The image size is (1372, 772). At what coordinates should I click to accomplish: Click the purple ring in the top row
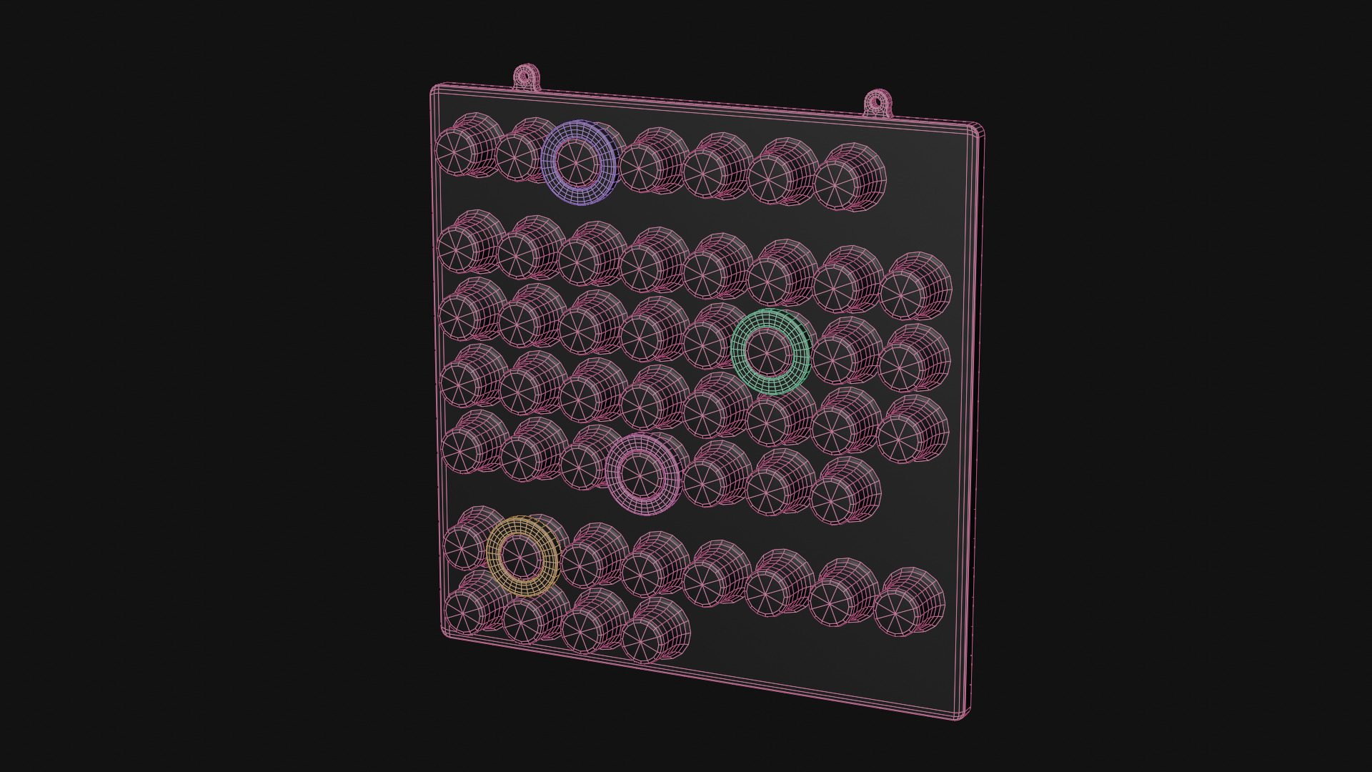(x=578, y=163)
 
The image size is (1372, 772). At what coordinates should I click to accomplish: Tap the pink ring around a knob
(x=641, y=474)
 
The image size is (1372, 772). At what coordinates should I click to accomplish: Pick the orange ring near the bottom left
(x=522, y=556)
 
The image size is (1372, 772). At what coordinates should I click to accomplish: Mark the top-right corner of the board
(x=978, y=129)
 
